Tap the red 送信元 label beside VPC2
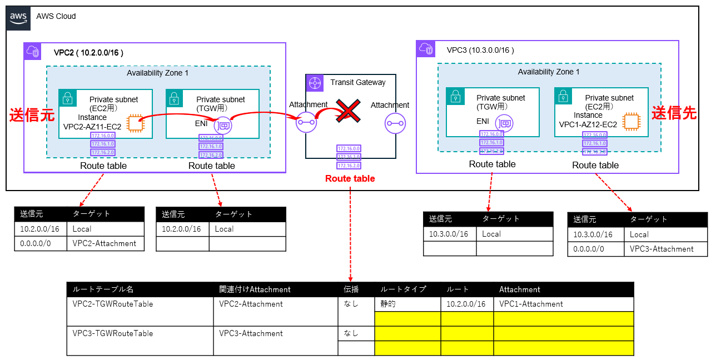tap(32, 116)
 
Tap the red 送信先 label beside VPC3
tap(674, 113)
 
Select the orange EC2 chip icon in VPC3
tap(631, 122)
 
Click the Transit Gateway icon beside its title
tap(316, 83)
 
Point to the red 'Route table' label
tap(350, 178)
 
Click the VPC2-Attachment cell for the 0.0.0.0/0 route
tap(105, 243)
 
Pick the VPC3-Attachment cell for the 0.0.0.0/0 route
tap(662, 249)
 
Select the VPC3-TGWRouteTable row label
tap(113, 333)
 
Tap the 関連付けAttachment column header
tap(255, 289)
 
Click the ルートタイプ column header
tap(403, 289)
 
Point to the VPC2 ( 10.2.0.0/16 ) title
tap(88, 53)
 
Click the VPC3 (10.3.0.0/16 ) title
tap(480, 50)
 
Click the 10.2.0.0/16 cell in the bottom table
tap(466, 304)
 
